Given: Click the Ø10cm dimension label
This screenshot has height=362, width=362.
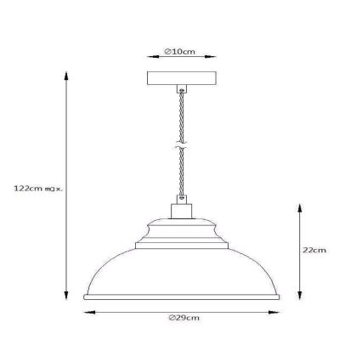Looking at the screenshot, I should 181,52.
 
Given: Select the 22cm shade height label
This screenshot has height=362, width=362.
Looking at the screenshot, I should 314,250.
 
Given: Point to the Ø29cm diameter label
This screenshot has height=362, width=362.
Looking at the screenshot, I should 183,318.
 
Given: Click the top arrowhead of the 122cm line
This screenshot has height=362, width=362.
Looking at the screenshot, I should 66,74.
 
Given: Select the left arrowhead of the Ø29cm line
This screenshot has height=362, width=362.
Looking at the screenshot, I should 85,311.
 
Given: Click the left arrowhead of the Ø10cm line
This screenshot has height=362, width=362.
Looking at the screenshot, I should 150,52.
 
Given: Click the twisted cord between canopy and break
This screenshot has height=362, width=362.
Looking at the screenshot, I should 180,115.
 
